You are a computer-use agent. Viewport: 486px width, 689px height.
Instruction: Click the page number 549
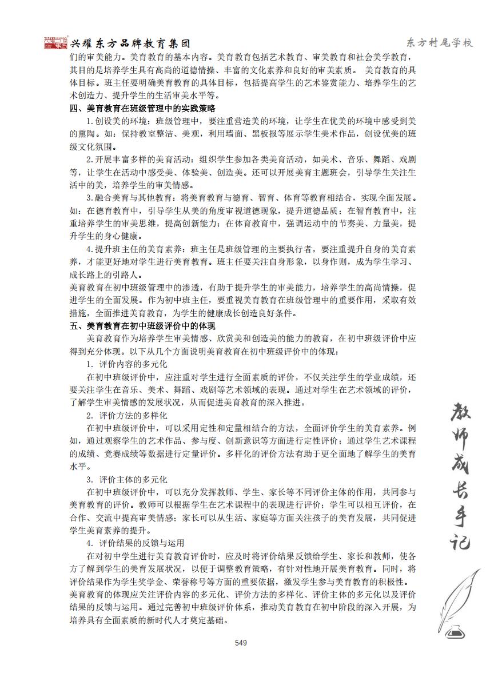pos(241,643)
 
